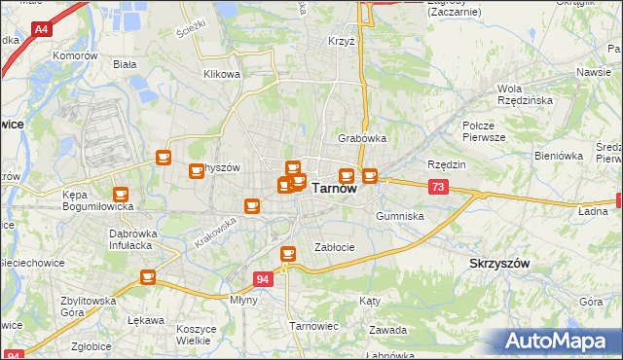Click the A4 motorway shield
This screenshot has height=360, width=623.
41,30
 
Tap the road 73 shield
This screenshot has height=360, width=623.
438,187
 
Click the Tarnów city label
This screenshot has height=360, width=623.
333,190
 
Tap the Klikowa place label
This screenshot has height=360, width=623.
221,74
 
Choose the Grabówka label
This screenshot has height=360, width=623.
362,138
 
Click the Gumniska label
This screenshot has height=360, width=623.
399,216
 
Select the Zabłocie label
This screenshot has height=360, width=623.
334,247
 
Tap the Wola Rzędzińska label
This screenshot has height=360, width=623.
526,94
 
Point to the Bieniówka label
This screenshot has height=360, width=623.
558,155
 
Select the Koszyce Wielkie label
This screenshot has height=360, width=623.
196,335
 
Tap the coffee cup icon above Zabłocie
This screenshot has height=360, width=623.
288,254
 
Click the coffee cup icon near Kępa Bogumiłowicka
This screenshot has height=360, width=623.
121,194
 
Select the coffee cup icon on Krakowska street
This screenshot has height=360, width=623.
252,205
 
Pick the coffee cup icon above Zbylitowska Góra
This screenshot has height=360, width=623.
148,277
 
